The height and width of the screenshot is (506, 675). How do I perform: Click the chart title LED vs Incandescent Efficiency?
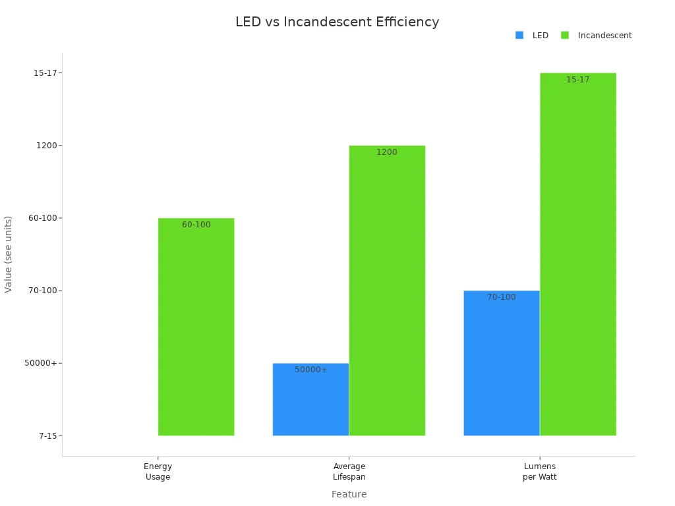click(x=337, y=22)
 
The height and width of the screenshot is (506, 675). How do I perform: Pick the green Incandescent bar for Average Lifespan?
click(x=387, y=291)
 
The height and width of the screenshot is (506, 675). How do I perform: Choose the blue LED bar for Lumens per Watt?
click(x=502, y=363)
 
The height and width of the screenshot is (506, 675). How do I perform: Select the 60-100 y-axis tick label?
click(x=44, y=218)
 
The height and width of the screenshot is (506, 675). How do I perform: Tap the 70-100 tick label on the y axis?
click(x=44, y=291)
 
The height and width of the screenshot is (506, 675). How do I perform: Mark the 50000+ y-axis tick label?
click(x=41, y=363)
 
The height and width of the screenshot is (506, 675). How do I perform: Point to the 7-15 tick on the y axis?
click(x=47, y=436)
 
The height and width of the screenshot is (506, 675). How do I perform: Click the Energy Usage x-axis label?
click(x=158, y=472)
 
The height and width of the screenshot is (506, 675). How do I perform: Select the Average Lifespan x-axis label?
click(x=349, y=472)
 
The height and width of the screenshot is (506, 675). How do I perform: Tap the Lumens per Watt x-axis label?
click(x=540, y=472)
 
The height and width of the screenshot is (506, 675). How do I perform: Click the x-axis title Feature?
click(x=349, y=494)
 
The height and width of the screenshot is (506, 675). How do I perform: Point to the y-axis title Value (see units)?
click(x=9, y=254)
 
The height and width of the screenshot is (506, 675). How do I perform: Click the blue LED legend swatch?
click(x=519, y=36)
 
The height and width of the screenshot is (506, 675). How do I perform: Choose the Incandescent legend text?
click(x=604, y=36)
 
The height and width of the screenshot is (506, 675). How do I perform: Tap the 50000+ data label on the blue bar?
click(x=311, y=370)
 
